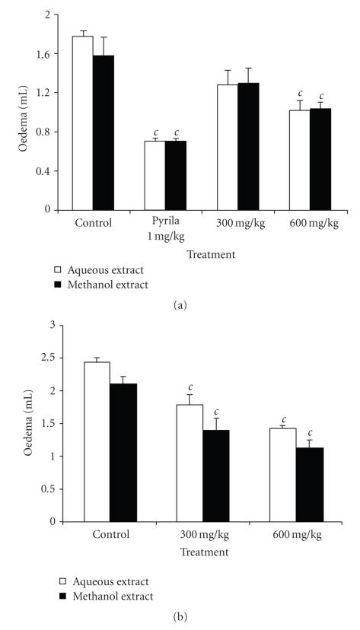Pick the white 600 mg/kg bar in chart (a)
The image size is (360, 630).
click(300, 160)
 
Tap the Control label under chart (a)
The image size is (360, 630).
click(94, 224)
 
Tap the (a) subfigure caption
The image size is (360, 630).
click(180, 305)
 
